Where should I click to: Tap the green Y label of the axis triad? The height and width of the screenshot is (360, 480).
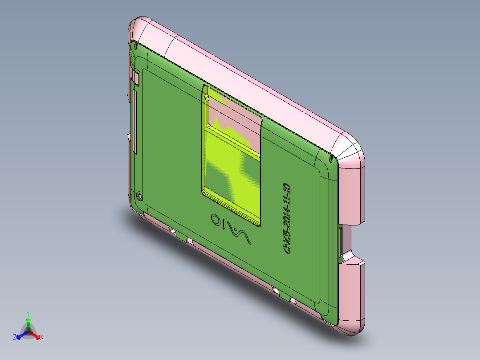point(28,313)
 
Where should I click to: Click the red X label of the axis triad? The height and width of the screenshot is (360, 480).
point(41,337)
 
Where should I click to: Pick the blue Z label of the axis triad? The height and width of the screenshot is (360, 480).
point(15,337)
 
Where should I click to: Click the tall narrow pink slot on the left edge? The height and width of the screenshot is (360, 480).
point(134,120)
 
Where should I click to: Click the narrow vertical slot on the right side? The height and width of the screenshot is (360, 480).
point(342,243)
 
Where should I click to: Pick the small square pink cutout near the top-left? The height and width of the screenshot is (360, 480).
point(137,79)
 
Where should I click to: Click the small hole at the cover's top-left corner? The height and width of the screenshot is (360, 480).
point(135,45)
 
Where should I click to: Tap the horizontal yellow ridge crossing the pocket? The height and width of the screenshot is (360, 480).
point(232,140)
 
